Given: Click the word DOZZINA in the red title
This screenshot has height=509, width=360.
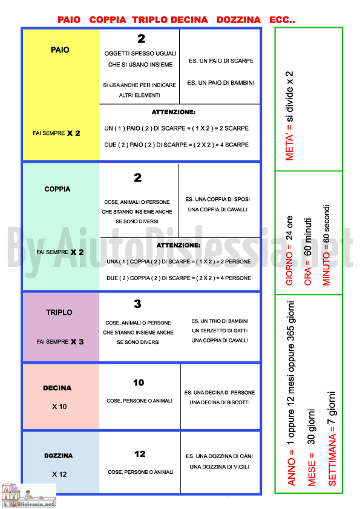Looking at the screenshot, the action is pos(238,20).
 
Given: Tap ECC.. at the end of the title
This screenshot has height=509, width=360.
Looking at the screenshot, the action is pos(282,20).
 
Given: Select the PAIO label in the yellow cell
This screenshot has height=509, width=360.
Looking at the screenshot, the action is pos(60,50).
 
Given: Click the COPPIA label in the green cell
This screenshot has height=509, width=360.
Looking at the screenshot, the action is pos(57,189).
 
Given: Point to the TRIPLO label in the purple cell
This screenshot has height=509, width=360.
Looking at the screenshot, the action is pos(59,312).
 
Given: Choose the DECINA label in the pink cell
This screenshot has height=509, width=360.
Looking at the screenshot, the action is pos(57,388).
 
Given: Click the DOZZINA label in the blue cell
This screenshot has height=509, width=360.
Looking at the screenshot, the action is pos(59,456).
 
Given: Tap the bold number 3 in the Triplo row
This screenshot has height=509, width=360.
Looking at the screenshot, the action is pos(137,304).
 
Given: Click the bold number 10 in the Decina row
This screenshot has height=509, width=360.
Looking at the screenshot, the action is pos(139,383).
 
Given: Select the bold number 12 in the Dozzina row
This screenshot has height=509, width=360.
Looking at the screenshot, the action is pos(140,454).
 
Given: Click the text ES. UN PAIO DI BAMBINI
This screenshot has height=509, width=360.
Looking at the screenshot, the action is pos(221,83).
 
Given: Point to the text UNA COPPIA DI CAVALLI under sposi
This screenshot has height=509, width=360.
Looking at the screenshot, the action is pos(217,209).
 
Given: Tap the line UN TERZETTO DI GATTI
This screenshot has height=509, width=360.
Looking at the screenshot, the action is pos(220,331).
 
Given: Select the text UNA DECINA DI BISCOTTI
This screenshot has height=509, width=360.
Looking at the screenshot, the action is pos(220,402).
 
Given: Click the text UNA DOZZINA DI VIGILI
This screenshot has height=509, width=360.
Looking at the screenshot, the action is pos(220,467).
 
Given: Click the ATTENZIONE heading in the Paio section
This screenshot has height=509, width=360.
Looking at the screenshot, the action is pos(174,113).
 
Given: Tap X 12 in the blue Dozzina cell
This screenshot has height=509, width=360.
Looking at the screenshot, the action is pos(59,475).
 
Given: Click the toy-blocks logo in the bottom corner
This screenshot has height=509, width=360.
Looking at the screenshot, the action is pos(28,495).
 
